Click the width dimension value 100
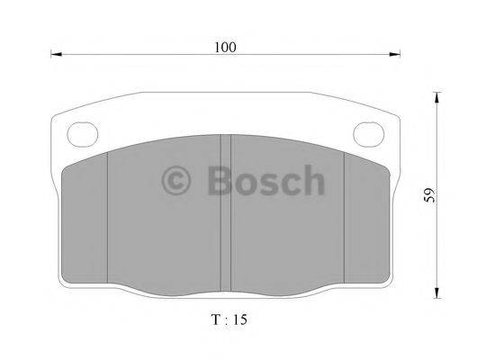click(x=225, y=46)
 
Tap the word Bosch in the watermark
click(x=265, y=182)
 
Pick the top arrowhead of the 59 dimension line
click(x=437, y=95)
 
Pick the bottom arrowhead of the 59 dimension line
click(x=437, y=292)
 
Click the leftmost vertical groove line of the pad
click(x=108, y=216)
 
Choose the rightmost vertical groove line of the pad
click(x=346, y=216)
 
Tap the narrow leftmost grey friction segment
click(x=87, y=216)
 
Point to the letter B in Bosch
click(x=220, y=182)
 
